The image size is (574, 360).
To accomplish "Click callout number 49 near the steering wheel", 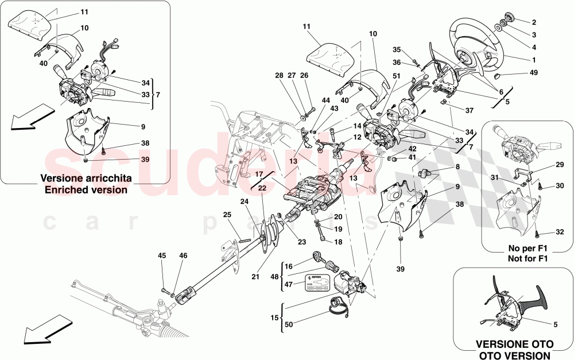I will [534, 72].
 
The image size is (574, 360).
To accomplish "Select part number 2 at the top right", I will [534, 22].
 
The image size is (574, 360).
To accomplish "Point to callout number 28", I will [279, 76].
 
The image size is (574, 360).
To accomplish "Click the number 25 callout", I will [227, 215].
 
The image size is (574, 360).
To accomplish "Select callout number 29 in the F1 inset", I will [560, 165].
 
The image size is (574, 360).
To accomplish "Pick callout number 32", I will [560, 233].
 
